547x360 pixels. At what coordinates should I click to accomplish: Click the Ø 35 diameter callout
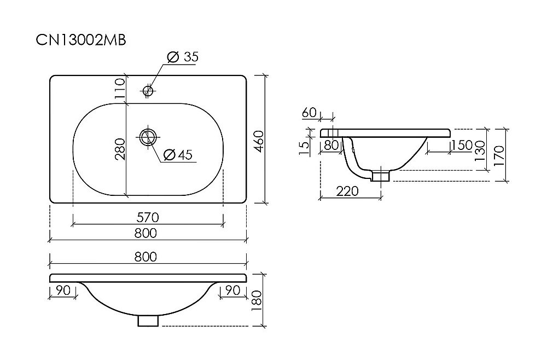tap(182, 56)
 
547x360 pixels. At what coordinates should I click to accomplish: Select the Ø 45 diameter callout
tap(178, 155)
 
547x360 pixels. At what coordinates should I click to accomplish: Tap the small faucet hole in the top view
tap(147, 90)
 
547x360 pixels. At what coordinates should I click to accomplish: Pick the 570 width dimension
tap(148, 218)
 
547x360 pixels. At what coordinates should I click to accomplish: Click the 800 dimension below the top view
tap(148, 234)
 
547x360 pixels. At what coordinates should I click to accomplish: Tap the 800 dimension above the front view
tap(148, 257)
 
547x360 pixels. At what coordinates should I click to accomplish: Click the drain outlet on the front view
tap(148, 320)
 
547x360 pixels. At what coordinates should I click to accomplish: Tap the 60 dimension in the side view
tap(309, 113)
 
